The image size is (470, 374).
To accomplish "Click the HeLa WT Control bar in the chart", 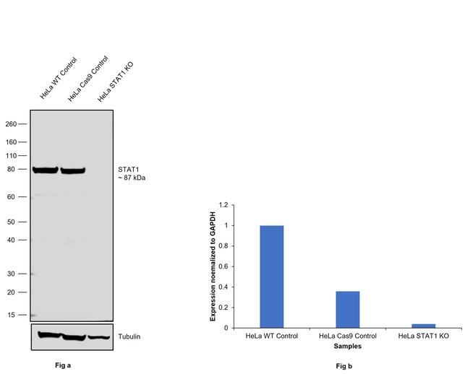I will [x=271, y=277].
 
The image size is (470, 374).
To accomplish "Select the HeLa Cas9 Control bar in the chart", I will [x=347, y=310].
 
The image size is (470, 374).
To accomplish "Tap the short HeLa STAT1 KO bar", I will [x=424, y=326].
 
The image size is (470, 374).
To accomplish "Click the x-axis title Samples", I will [x=348, y=347].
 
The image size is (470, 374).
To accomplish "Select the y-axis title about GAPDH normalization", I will [x=213, y=266].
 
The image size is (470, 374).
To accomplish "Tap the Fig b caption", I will [x=344, y=367].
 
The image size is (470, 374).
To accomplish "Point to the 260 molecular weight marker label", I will [x=11, y=123].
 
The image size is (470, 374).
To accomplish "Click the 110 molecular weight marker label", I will [x=11, y=155].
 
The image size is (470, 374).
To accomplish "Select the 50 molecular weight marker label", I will [x=13, y=222].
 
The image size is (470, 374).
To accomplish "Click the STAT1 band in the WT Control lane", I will [x=46, y=170].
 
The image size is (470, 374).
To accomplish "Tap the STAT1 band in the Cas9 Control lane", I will [x=72, y=171].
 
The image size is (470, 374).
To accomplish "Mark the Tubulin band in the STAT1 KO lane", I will [x=99, y=337].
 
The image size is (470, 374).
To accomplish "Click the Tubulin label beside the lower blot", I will [x=129, y=336].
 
